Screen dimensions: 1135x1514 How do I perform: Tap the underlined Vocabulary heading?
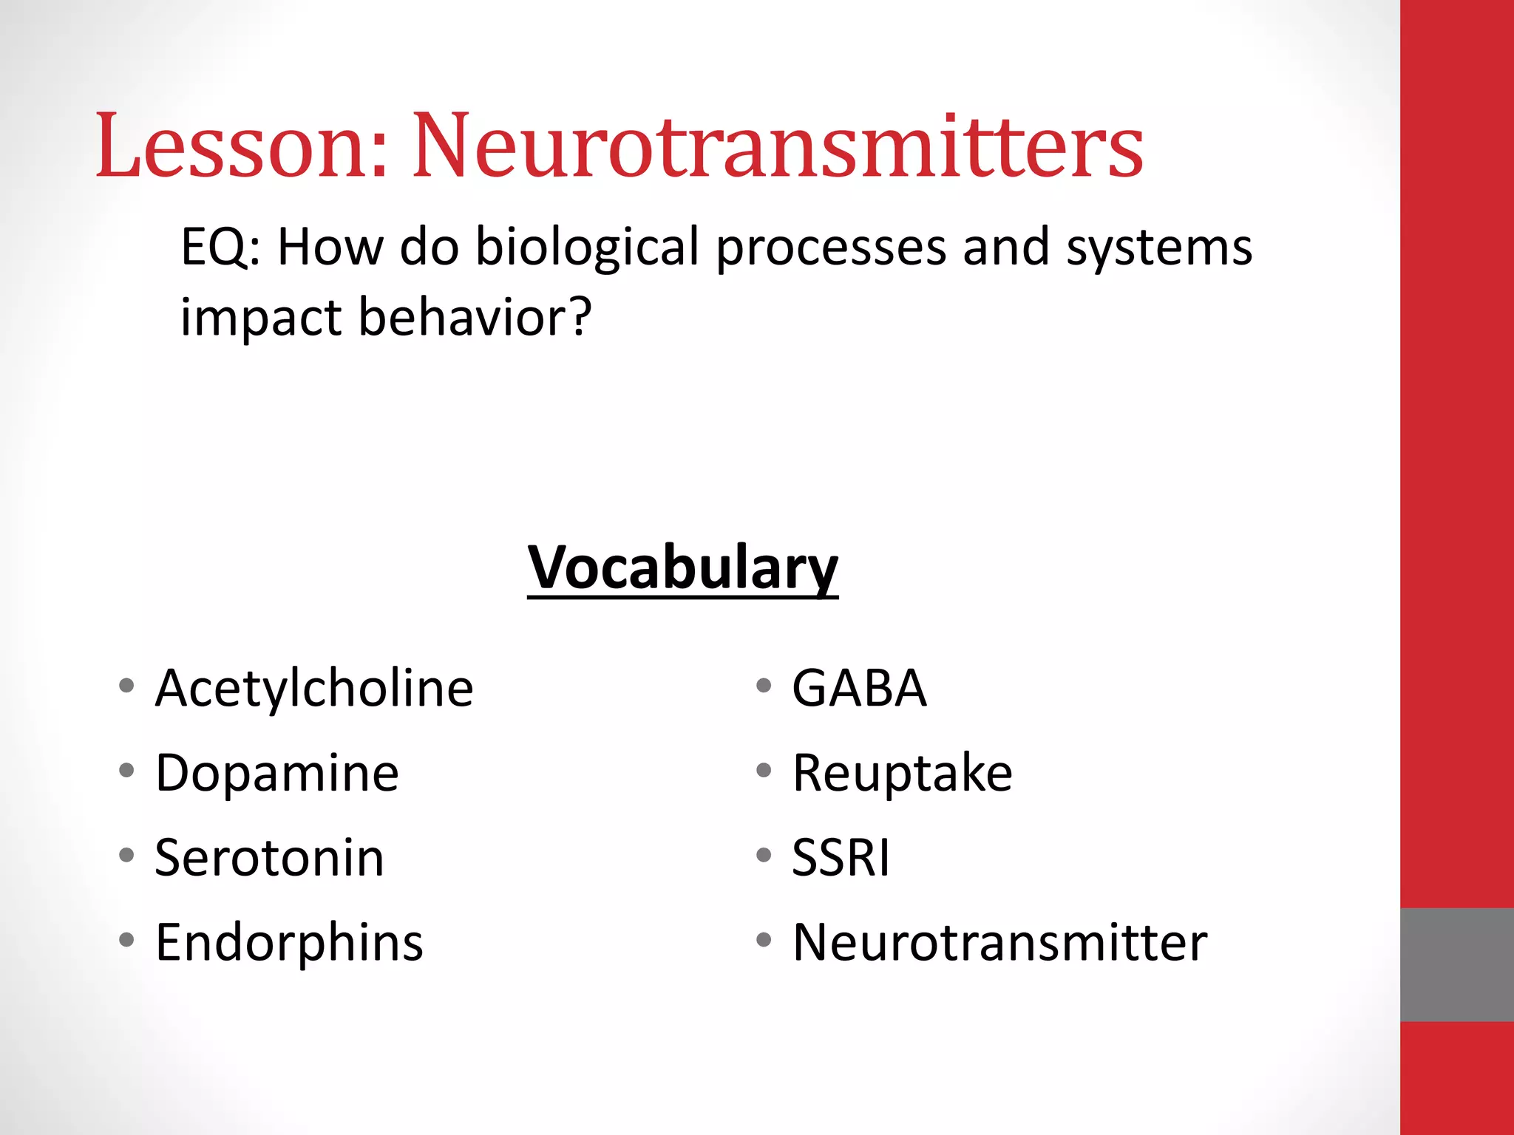682,567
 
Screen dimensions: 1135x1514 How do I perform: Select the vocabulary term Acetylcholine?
314,688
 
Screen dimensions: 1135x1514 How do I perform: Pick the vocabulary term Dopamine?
277,773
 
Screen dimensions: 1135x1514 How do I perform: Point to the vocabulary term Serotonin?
270,858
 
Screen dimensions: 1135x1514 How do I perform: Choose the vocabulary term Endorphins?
289,943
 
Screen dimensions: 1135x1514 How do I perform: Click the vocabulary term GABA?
859,688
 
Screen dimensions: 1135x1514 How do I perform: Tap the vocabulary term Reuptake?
902,773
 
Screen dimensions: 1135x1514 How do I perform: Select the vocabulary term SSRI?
841,858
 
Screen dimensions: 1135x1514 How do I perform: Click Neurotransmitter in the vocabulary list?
999,943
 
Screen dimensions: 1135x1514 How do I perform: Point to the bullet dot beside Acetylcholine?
126,686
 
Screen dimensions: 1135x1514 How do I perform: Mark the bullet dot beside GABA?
764,686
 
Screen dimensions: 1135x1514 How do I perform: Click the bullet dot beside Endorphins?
126,940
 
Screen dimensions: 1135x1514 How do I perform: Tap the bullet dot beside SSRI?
764,856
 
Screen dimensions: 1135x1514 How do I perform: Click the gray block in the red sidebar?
1456,964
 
